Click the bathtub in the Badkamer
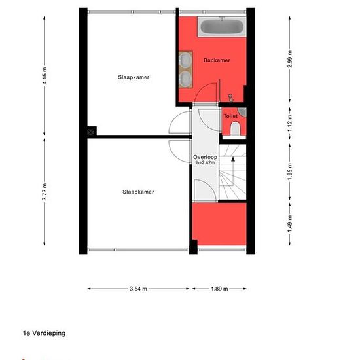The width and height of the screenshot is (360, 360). coord(221,27)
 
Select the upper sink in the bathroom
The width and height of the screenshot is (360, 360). coord(185,62)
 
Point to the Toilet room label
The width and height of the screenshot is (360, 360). coord(230,116)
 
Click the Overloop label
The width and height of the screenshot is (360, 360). coord(205,157)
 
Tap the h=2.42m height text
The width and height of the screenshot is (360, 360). coord(206,163)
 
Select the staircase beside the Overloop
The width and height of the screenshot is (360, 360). coord(232,174)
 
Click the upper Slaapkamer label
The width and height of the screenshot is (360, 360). coord(134,77)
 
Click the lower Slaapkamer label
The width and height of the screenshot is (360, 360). coord(138,192)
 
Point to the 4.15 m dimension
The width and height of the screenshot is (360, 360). coord(45,69)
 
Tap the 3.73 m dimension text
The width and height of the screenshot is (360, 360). coord(45,192)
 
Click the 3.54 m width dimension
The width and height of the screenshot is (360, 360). coord(138,288)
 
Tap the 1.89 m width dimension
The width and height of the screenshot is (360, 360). coord(219,288)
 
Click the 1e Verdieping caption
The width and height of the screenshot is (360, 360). coord(45,333)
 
